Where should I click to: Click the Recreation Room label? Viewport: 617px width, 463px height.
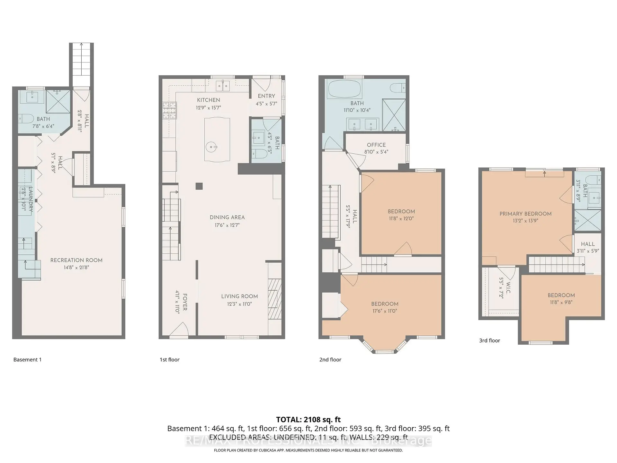[76, 260]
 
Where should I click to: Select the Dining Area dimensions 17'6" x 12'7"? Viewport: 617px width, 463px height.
[227, 225]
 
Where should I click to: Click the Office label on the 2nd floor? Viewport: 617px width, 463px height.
[376, 145]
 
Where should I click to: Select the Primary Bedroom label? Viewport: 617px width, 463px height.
[525, 214]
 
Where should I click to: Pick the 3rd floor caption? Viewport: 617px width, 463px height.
[489, 340]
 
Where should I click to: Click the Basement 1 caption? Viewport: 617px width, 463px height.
[27, 359]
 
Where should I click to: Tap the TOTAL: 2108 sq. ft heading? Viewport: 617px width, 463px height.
[308, 420]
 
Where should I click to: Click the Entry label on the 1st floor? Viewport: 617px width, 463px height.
[266, 96]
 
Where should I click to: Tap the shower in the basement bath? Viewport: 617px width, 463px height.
[58, 101]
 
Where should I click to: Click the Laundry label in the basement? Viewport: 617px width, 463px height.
[31, 199]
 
